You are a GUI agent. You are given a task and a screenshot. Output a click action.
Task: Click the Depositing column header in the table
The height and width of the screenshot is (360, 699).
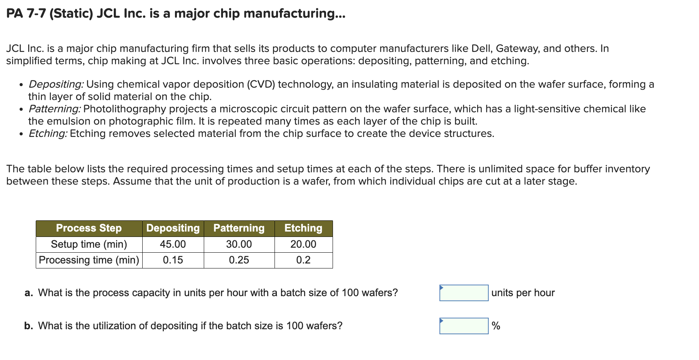(x=173, y=228)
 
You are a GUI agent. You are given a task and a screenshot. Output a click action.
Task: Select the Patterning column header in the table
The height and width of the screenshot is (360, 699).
(x=239, y=228)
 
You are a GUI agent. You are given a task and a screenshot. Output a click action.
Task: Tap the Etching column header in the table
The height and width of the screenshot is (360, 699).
(x=303, y=228)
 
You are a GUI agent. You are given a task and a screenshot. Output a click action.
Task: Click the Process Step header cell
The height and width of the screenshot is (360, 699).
(x=89, y=228)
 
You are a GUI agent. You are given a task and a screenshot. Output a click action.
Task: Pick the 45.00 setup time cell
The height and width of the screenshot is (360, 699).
(x=173, y=244)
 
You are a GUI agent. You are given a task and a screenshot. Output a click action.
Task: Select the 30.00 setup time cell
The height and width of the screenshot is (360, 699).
(x=239, y=244)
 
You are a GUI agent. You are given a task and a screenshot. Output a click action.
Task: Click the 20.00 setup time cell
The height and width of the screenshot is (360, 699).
(x=303, y=244)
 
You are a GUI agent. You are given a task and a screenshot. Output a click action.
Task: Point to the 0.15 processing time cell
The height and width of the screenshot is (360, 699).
(x=173, y=260)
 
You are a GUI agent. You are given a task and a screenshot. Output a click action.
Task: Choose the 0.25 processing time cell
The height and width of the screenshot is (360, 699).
(x=239, y=260)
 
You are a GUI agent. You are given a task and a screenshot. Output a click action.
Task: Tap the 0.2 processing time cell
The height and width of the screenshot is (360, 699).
(x=303, y=260)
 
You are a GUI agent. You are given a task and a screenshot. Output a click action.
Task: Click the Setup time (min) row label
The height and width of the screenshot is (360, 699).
(x=89, y=244)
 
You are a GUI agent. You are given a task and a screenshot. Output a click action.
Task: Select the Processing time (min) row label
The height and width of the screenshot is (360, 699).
(x=89, y=260)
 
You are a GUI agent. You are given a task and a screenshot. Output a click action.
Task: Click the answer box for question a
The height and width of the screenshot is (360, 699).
(x=464, y=293)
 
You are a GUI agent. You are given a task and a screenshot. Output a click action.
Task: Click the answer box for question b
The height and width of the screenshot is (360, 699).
(x=464, y=326)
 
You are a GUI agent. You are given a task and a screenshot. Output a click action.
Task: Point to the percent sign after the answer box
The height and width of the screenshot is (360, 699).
(x=496, y=326)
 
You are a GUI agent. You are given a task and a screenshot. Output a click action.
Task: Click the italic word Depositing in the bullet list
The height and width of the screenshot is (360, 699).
(x=56, y=84)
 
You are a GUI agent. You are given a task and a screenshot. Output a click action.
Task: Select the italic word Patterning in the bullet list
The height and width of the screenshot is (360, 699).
(x=55, y=109)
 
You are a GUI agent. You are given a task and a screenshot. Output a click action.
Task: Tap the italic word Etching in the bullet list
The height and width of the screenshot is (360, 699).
(x=48, y=133)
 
